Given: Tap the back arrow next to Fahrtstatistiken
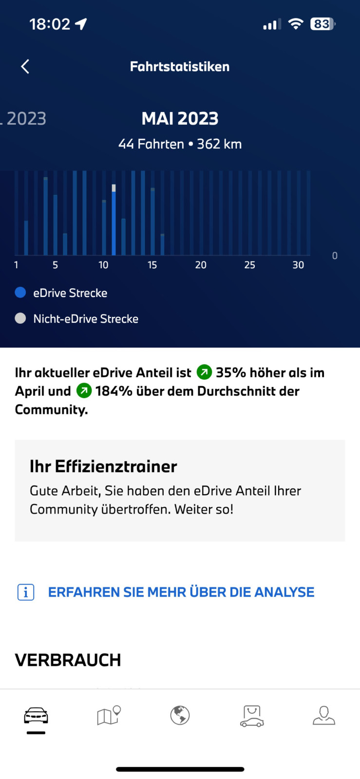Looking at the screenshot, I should [25, 67].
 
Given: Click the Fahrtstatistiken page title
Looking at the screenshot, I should [180, 67].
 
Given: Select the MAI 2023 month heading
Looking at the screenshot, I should [180, 118].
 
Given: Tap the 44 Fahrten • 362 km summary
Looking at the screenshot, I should [180, 144].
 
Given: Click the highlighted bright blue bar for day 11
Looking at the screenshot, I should [114, 222].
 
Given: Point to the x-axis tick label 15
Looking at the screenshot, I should [152, 265].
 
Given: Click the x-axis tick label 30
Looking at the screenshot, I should [298, 265].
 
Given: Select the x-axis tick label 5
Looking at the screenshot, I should [55, 265].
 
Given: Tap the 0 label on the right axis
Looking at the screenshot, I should [335, 256].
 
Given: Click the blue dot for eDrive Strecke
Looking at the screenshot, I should [20, 292].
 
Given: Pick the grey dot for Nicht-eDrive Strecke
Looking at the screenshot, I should [20, 318].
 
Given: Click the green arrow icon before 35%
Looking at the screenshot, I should [204, 372].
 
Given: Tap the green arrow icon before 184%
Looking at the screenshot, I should [84, 390].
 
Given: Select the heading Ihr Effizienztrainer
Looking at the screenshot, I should [103, 466].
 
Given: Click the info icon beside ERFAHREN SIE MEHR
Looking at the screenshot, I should [26, 592].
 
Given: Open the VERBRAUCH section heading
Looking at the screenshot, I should [68, 660].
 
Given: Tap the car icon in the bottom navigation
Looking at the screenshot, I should [36, 716].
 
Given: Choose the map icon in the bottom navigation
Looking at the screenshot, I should [109, 715].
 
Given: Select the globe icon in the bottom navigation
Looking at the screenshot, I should [180, 715].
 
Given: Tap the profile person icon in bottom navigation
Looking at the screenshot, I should [324, 715].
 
